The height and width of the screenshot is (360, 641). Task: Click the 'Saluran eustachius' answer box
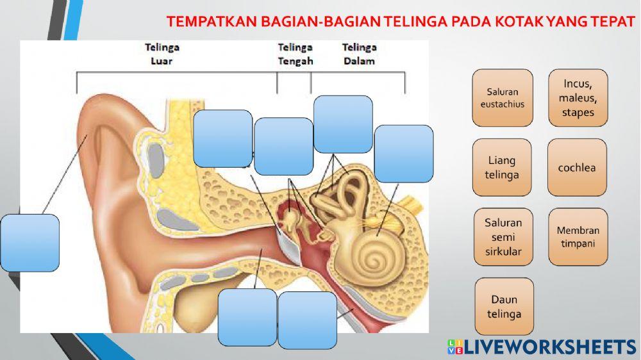click(x=502, y=97)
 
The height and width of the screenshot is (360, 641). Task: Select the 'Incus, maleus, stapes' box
click(x=578, y=97)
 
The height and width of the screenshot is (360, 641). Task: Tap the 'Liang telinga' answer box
click(x=502, y=167)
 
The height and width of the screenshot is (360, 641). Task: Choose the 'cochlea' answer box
click(x=577, y=167)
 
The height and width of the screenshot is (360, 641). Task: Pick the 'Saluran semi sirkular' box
click(x=504, y=236)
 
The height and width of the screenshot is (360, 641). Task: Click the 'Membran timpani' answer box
click(x=578, y=236)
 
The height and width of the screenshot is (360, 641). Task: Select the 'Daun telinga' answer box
click(x=504, y=306)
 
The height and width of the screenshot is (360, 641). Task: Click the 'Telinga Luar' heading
click(x=162, y=54)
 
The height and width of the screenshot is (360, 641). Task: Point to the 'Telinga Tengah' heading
click(x=295, y=54)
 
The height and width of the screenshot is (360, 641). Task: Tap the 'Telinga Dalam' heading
click(x=358, y=54)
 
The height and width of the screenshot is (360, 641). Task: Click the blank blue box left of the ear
click(x=30, y=243)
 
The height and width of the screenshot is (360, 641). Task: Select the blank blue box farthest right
click(x=404, y=154)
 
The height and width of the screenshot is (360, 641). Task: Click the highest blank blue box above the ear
click(x=343, y=124)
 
